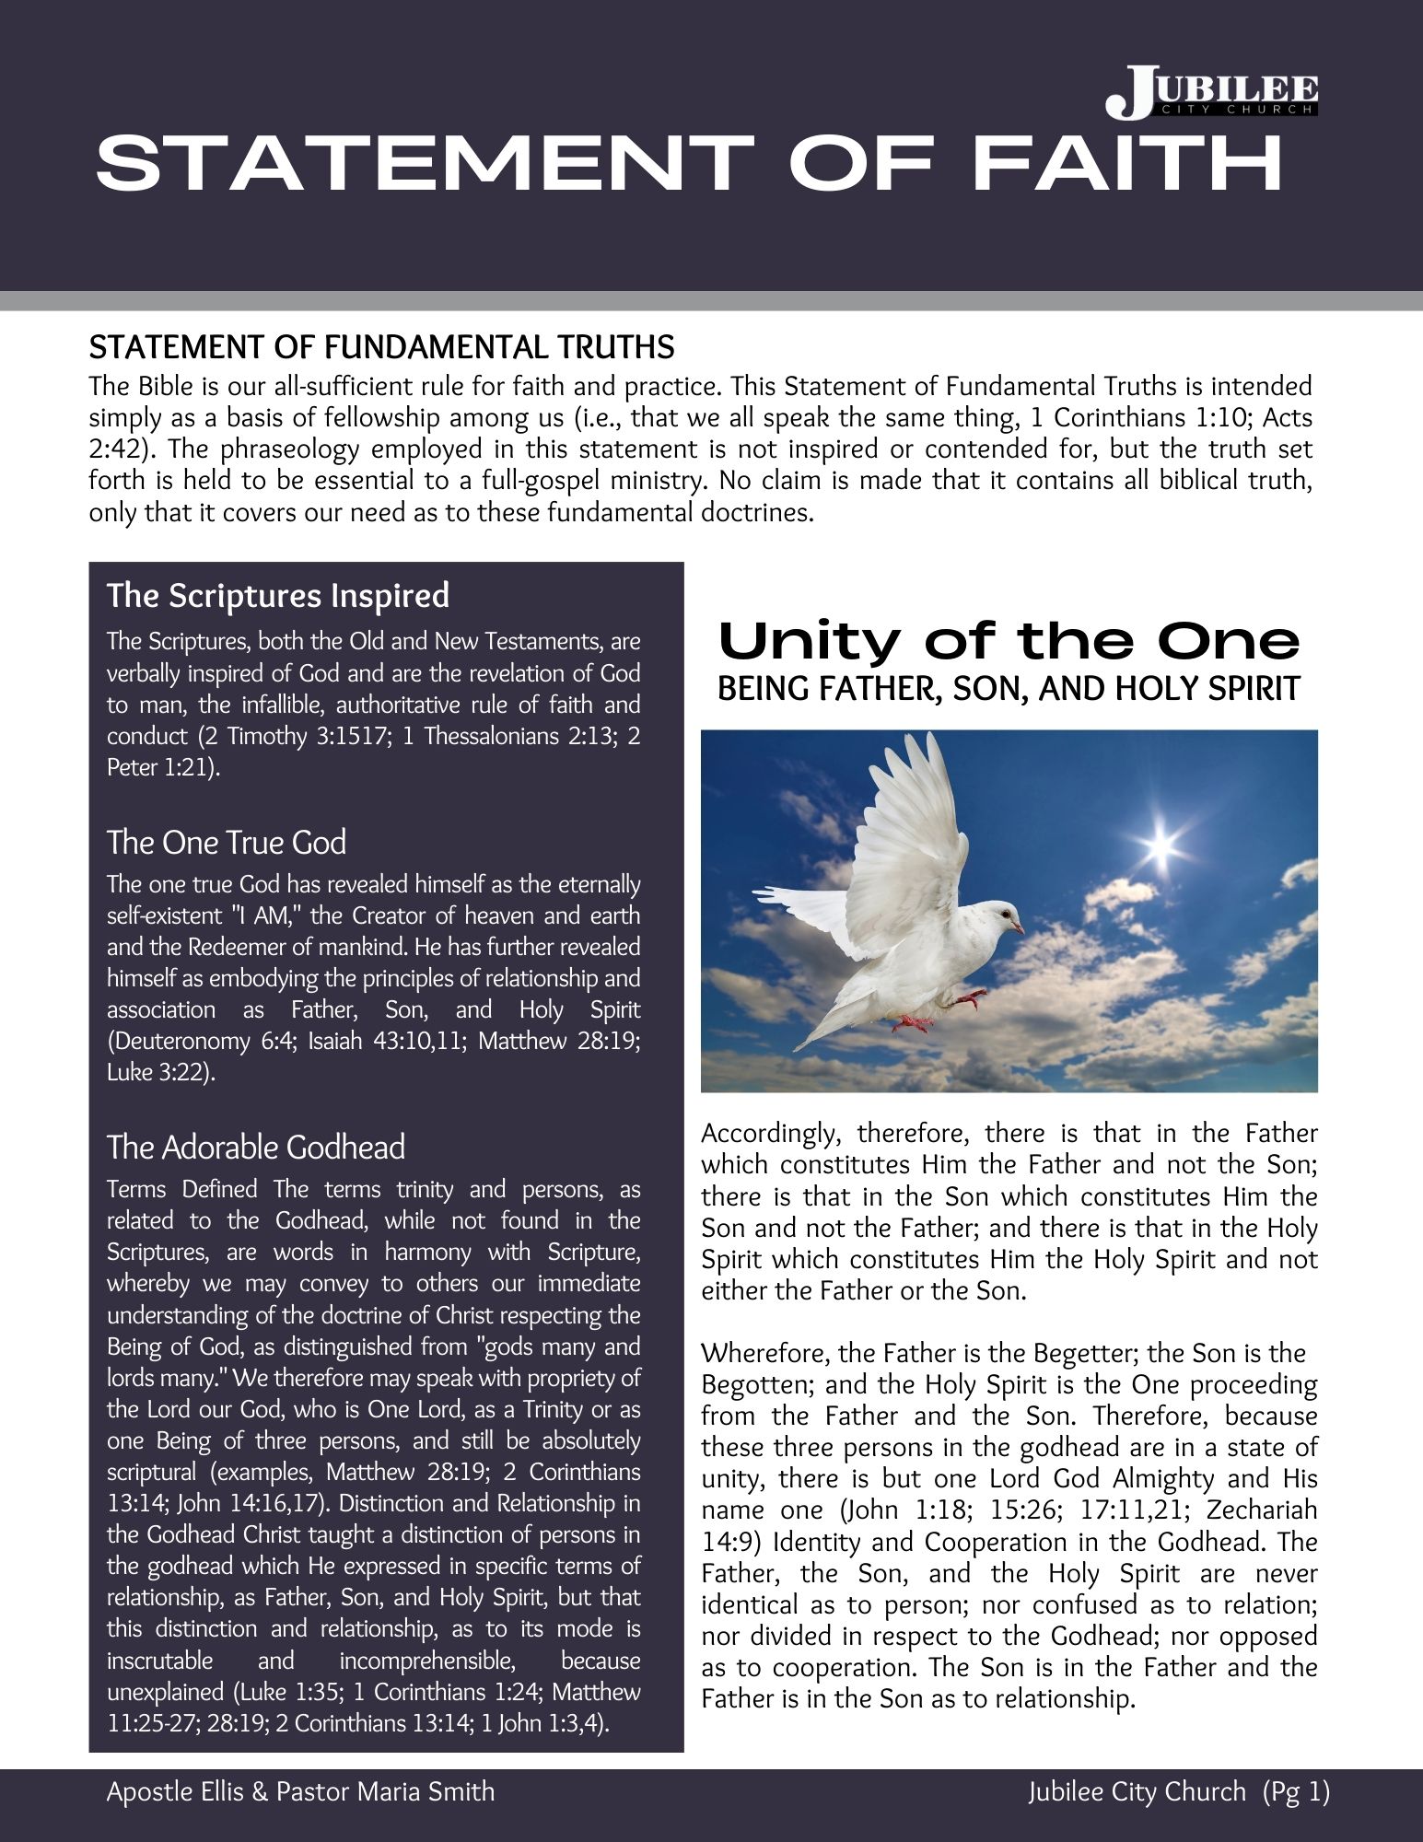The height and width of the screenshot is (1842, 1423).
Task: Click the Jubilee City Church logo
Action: click(x=1211, y=93)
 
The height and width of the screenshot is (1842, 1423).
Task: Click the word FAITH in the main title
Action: click(x=1126, y=164)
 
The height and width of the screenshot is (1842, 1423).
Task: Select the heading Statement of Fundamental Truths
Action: click(x=381, y=347)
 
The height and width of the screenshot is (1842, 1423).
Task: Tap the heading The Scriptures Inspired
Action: click(x=278, y=596)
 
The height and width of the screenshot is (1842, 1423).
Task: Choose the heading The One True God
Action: click(x=227, y=843)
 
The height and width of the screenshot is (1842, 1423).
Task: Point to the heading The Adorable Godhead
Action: click(x=256, y=1148)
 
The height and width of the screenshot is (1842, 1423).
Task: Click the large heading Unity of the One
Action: click(x=1009, y=641)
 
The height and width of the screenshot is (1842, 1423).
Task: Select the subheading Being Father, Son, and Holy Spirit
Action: click(x=1009, y=688)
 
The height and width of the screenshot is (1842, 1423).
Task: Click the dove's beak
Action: click(x=1021, y=927)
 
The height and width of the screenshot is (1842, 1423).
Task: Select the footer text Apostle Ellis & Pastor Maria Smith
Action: click(x=300, y=1791)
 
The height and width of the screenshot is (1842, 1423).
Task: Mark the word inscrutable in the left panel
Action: click(x=159, y=1661)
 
